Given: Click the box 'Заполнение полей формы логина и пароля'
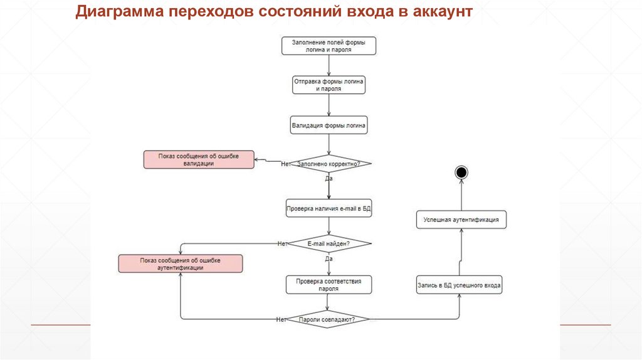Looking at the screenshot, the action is click(329, 46).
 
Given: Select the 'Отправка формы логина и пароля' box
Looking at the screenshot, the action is click(329, 85).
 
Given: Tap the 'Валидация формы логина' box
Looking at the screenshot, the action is click(329, 125).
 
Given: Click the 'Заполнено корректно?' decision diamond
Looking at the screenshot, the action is click(329, 164).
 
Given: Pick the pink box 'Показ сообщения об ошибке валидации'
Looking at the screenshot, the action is click(199, 160).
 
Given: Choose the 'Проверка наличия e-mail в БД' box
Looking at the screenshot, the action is click(329, 208).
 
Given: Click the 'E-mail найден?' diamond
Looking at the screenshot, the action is click(329, 244).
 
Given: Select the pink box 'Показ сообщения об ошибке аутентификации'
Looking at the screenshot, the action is click(181, 264).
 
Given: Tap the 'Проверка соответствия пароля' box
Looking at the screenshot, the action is click(329, 285).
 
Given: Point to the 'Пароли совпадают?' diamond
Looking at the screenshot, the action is click(327, 319).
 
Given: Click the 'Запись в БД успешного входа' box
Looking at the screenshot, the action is click(459, 285).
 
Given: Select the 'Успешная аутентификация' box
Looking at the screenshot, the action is click(461, 220).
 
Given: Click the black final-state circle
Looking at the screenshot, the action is click(461, 172).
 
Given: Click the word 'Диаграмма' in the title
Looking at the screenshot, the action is click(119, 11).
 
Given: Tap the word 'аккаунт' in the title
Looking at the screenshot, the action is click(443, 11).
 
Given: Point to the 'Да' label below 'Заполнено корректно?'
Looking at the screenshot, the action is click(329, 179).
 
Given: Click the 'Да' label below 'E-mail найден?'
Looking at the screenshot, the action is click(329, 259).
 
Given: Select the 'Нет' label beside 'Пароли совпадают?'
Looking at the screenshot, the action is click(281, 319).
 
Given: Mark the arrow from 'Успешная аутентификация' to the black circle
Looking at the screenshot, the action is click(461, 195).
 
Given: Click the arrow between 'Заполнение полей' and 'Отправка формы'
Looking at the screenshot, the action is click(329, 65).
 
